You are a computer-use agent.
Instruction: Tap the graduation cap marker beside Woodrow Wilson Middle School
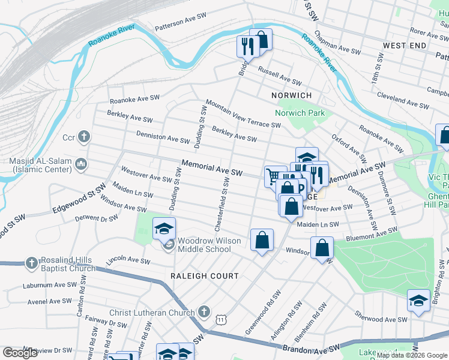pyautogui.click(x=164, y=229)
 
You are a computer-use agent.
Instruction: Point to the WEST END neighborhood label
pyautogui.click(x=405, y=46)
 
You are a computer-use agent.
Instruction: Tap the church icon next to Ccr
pyautogui.click(x=84, y=137)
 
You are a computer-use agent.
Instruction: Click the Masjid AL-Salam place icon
pyautogui.click(x=82, y=164)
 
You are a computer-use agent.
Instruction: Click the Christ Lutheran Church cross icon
pyautogui.click(x=204, y=312)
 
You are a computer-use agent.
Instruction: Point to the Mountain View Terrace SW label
pyautogui.click(x=243, y=113)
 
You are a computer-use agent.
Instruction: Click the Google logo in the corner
pyautogui.click(x=20, y=352)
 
